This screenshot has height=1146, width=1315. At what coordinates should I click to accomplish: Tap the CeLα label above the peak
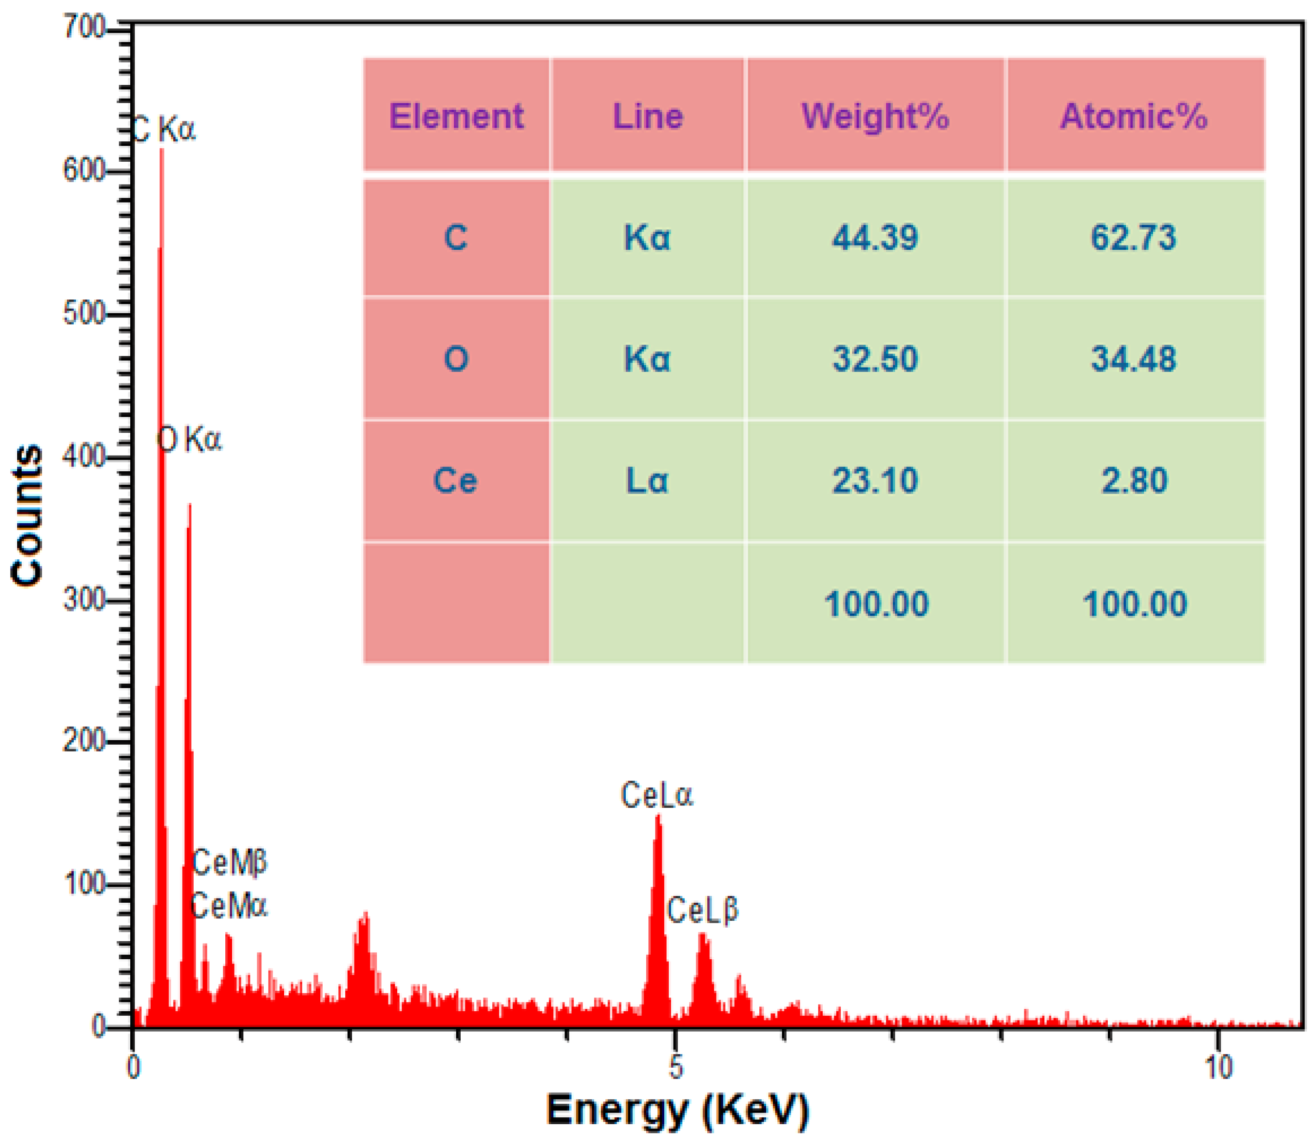tap(656, 796)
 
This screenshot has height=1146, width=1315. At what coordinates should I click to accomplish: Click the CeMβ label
tap(229, 863)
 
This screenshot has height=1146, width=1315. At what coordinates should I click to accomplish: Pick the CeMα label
tap(229, 905)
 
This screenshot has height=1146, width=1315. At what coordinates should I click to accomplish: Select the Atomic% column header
tap(1133, 116)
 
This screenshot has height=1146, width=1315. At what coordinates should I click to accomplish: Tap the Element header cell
tap(456, 116)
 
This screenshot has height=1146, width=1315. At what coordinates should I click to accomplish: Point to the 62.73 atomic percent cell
tap(1133, 238)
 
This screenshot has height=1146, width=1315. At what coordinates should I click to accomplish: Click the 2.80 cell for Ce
tap(1133, 480)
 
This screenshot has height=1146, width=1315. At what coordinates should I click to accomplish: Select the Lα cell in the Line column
tap(647, 480)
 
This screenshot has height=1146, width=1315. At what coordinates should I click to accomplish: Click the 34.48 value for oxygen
tap(1133, 359)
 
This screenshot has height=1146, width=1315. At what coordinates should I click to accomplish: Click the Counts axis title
tap(27, 515)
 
